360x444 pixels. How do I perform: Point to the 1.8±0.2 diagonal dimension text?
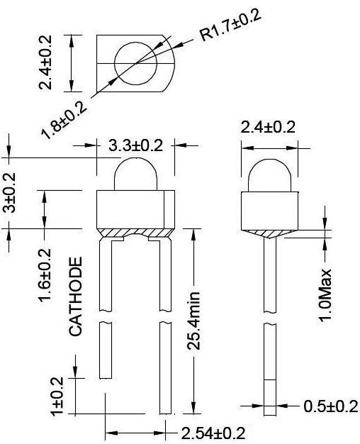(64, 121)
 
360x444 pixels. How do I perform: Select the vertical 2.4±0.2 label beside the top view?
(45, 63)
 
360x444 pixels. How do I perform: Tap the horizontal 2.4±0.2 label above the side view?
(268, 127)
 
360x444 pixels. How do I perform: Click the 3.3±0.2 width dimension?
(135, 145)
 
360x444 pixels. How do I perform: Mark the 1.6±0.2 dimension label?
(45, 275)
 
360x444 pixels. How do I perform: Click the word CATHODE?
(76, 296)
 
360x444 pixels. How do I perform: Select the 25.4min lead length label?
(194, 321)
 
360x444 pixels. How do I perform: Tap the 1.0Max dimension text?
(325, 295)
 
